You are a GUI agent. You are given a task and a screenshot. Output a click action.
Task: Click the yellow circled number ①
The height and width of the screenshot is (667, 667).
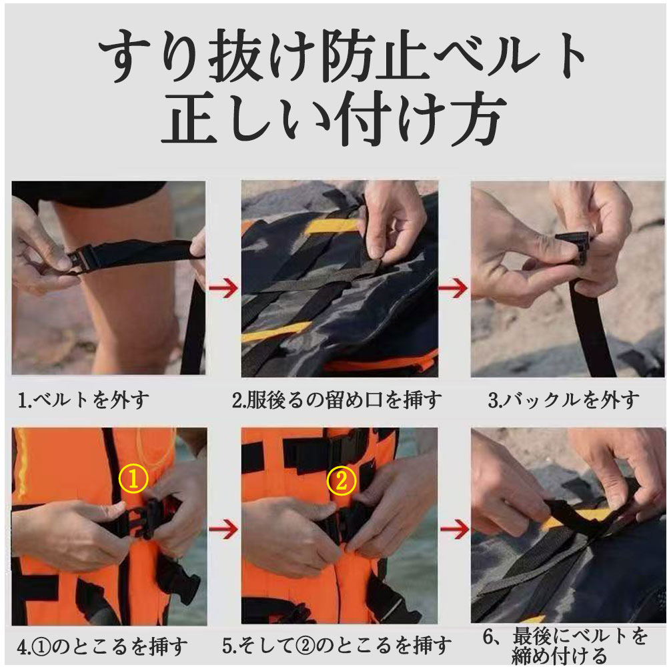coord(133,479)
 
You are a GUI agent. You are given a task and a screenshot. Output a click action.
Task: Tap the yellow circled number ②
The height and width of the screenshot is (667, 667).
coord(342,480)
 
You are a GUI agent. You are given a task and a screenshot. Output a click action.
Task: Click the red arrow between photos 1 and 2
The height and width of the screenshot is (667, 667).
coord(223,288)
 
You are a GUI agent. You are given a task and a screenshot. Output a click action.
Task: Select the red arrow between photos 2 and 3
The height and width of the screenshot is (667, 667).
coord(454,288)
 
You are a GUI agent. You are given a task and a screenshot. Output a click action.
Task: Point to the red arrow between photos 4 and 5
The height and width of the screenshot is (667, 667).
coord(223,529)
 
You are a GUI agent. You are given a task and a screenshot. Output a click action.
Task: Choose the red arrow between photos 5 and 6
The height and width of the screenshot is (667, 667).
coord(455,529)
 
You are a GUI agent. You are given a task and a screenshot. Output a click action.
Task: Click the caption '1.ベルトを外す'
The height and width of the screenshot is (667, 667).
coord(83,400)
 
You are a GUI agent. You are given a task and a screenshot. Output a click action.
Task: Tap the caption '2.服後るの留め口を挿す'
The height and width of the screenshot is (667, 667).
coord(336,400)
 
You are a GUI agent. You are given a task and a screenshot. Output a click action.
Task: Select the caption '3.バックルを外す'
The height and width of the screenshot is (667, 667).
coord(563,400)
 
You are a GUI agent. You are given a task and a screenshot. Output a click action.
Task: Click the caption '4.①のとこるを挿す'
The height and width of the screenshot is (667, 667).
coord(102,646)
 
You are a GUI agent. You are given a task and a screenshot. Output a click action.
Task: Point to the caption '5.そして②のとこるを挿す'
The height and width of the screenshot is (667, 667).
coord(336,645)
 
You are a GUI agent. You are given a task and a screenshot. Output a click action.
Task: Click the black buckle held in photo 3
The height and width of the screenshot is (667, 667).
coord(572,246)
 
